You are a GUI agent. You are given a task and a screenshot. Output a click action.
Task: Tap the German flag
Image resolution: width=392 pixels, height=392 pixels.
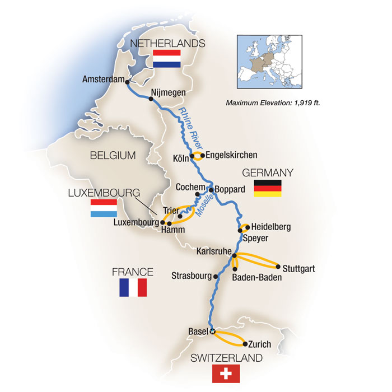[x=267, y=189]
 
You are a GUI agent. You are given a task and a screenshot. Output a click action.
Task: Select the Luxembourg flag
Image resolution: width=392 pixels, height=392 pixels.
[x=104, y=208]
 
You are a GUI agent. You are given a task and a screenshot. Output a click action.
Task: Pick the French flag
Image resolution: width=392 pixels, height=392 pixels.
[x=133, y=287]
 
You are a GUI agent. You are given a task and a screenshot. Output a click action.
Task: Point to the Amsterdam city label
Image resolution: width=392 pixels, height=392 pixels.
[x=102, y=80]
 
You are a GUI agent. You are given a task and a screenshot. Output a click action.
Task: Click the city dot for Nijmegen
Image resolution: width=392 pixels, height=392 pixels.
[x=151, y=99]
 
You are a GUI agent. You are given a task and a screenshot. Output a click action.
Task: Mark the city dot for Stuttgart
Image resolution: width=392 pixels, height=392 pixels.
[x=278, y=267]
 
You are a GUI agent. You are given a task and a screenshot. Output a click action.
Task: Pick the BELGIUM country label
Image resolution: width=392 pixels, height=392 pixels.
[x=112, y=155]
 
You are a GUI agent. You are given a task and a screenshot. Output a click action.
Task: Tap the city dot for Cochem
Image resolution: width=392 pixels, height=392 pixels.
[x=198, y=195]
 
